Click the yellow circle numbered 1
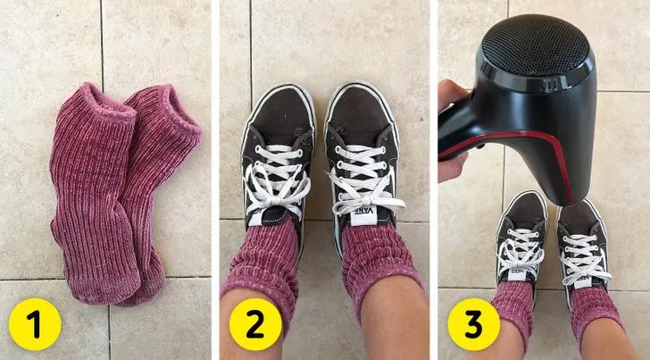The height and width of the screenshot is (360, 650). (35, 324)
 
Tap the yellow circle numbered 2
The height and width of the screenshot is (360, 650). (255, 324)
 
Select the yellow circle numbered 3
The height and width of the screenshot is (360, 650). (474, 324)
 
